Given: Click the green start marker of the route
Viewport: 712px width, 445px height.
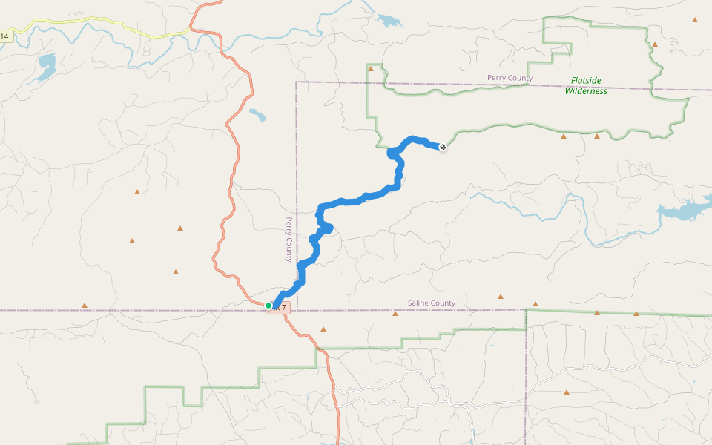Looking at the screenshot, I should (x=268, y=305).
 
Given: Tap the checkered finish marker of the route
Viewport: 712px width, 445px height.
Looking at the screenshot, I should (x=443, y=148).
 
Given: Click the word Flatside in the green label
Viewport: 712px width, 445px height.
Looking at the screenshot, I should (x=586, y=81).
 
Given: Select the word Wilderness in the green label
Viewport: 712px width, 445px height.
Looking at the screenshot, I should (x=586, y=91).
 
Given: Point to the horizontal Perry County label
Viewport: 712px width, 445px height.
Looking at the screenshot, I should (x=510, y=78).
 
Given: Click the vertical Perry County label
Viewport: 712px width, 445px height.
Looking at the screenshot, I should (x=289, y=239).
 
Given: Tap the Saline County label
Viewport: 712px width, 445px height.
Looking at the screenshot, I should (x=432, y=303).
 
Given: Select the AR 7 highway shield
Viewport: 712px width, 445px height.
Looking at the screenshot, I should (x=279, y=308).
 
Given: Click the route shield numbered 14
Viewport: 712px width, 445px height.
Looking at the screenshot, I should (x=4, y=36).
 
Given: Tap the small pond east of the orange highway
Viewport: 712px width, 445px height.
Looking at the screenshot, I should (x=257, y=115).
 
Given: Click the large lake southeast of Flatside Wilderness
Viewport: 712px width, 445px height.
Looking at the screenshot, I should (x=682, y=211).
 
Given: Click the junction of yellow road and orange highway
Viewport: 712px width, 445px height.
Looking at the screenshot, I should (x=191, y=30).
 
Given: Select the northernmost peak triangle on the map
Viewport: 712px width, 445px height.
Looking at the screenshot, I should (x=695, y=20).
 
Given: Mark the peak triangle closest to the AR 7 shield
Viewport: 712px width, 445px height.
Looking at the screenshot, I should (x=323, y=329).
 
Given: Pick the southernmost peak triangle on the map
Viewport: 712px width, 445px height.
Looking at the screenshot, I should (x=567, y=392).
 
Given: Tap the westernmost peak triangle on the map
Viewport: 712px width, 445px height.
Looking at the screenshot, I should (x=85, y=305).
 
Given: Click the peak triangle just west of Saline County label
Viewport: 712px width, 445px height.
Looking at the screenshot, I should (x=395, y=314).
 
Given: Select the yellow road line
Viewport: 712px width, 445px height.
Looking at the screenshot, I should (x=111, y=27).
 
